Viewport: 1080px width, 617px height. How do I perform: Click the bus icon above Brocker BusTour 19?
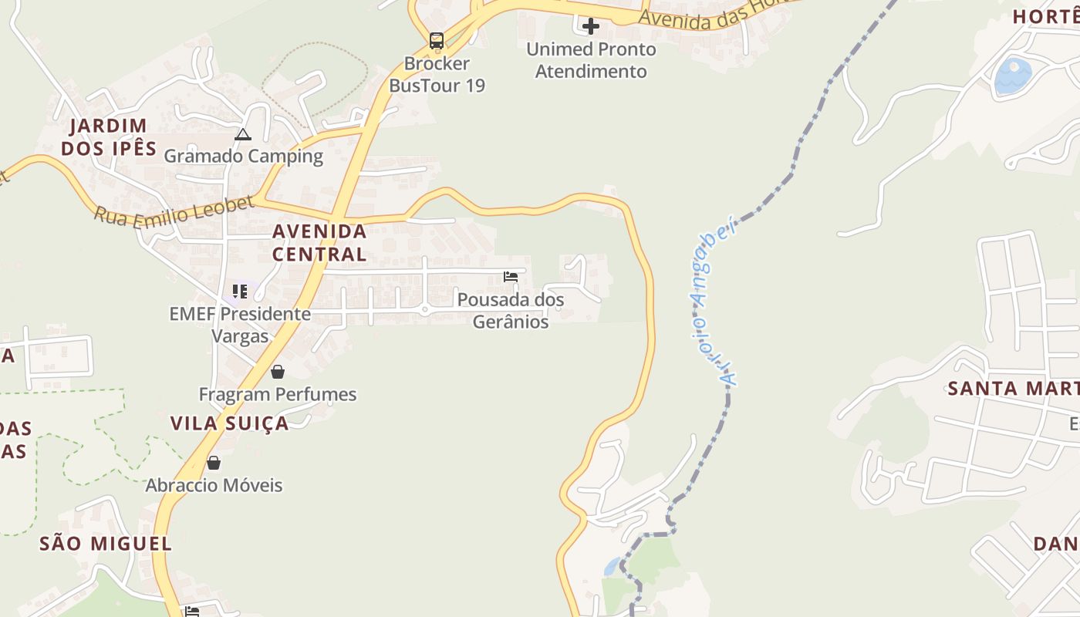pyautogui.click(x=437, y=40)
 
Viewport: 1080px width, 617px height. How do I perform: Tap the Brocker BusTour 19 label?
pyautogui.click(x=437, y=74)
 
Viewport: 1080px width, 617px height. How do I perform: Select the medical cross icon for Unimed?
pyautogui.click(x=591, y=26)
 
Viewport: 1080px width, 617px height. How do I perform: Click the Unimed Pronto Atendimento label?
pyautogui.click(x=591, y=60)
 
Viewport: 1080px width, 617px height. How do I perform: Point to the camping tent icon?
pyautogui.click(x=243, y=135)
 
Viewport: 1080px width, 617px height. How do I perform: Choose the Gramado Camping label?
pyautogui.click(x=244, y=156)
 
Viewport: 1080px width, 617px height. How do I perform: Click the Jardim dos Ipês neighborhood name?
pyautogui.click(x=109, y=137)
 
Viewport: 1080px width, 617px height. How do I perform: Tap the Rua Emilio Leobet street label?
pyautogui.click(x=174, y=211)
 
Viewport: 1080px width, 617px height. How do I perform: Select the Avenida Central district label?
pyautogui.click(x=319, y=242)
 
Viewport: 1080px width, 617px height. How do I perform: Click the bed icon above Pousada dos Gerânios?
pyautogui.click(x=510, y=277)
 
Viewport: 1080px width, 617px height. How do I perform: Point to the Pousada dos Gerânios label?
pyautogui.click(x=511, y=310)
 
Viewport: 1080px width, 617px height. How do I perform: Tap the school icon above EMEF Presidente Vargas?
pyautogui.click(x=240, y=292)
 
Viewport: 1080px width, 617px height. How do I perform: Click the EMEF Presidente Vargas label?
pyautogui.click(x=240, y=325)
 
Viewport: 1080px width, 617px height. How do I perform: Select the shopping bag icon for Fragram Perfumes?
pyautogui.click(x=278, y=372)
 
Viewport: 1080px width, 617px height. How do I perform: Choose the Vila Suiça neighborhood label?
pyautogui.click(x=229, y=423)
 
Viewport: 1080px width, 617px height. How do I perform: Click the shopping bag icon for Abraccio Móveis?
pyautogui.click(x=214, y=463)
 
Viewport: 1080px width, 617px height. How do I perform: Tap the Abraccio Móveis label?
pyautogui.click(x=214, y=485)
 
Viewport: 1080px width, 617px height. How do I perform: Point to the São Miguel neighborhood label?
pyautogui.click(x=106, y=543)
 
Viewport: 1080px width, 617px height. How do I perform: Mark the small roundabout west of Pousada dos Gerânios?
pyautogui.click(x=424, y=310)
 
